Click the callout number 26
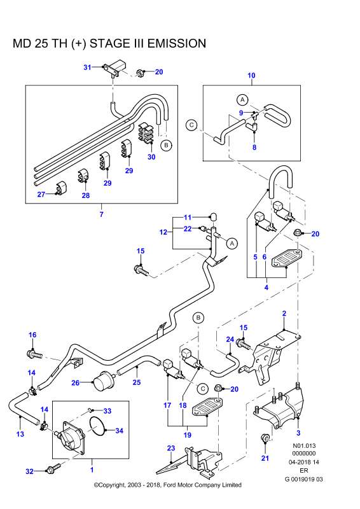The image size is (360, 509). click(75, 383)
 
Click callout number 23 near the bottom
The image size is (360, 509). click(171, 448)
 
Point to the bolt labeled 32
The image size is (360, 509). click(54, 468)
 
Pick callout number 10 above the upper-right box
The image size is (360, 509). click(251, 75)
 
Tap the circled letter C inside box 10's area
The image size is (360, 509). click(191, 125)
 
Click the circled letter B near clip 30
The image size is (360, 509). click(167, 145)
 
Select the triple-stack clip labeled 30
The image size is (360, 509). click(146, 133)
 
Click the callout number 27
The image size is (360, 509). click(41, 194)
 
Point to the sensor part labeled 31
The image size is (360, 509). click(114, 67)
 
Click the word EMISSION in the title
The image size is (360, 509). click(177, 43)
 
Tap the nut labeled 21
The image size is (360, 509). click(265, 438)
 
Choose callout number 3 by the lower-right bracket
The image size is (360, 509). click(298, 433)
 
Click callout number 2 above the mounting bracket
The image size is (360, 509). click(284, 313)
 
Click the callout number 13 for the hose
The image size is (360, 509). click(20, 434)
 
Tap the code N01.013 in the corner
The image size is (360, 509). click(304, 446)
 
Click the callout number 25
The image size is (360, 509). click(137, 382)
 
